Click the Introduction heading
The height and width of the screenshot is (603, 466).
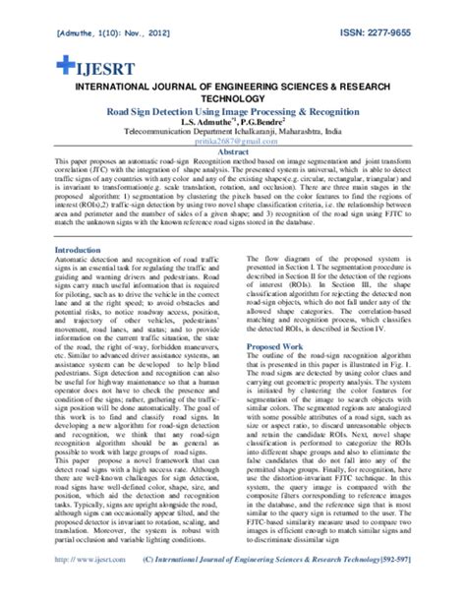[80, 251]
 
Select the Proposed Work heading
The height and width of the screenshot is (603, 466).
[275, 347]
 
